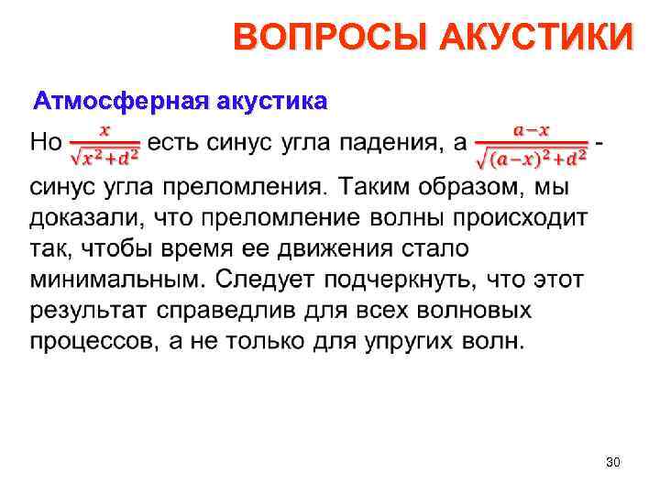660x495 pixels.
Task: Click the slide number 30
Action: pyautogui.click(x=613, y=464)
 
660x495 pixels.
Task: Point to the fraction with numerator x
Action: pyautogui.click(x=104, y=144)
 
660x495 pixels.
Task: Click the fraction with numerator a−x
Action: pyautogui.click(x=532, y=146)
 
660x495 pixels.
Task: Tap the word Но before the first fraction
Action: pyautogui.click(x=47, y=144)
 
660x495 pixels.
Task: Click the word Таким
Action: pyautogui.click(x=372, y=187)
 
